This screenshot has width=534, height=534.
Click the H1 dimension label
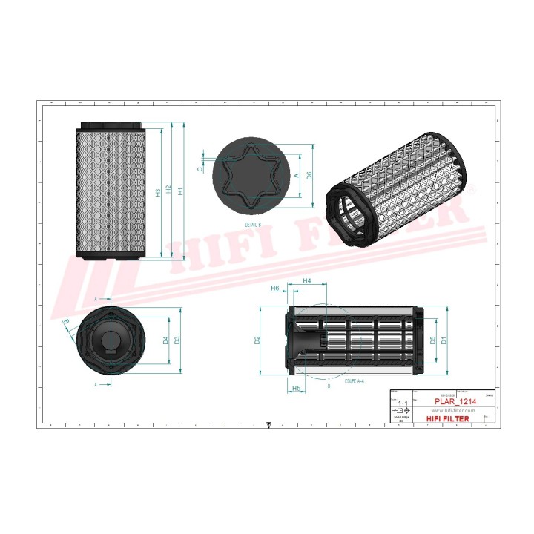click(180, 191)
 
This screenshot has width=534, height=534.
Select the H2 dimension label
click(169, 191)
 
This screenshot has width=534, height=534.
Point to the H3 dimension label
click(158, 193)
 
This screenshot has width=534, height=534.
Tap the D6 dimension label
click(309, 176)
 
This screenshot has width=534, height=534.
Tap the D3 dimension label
click(177, 340)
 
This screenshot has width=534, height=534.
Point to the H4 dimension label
click(307, 281)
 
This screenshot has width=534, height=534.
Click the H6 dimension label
click(274, 288)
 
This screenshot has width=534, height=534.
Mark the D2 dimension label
click(257, 340)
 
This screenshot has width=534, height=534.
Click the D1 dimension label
click(444, 340)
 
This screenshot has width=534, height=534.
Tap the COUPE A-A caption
click(354, 380)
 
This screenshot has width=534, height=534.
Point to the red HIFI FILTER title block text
click(447, 419)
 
